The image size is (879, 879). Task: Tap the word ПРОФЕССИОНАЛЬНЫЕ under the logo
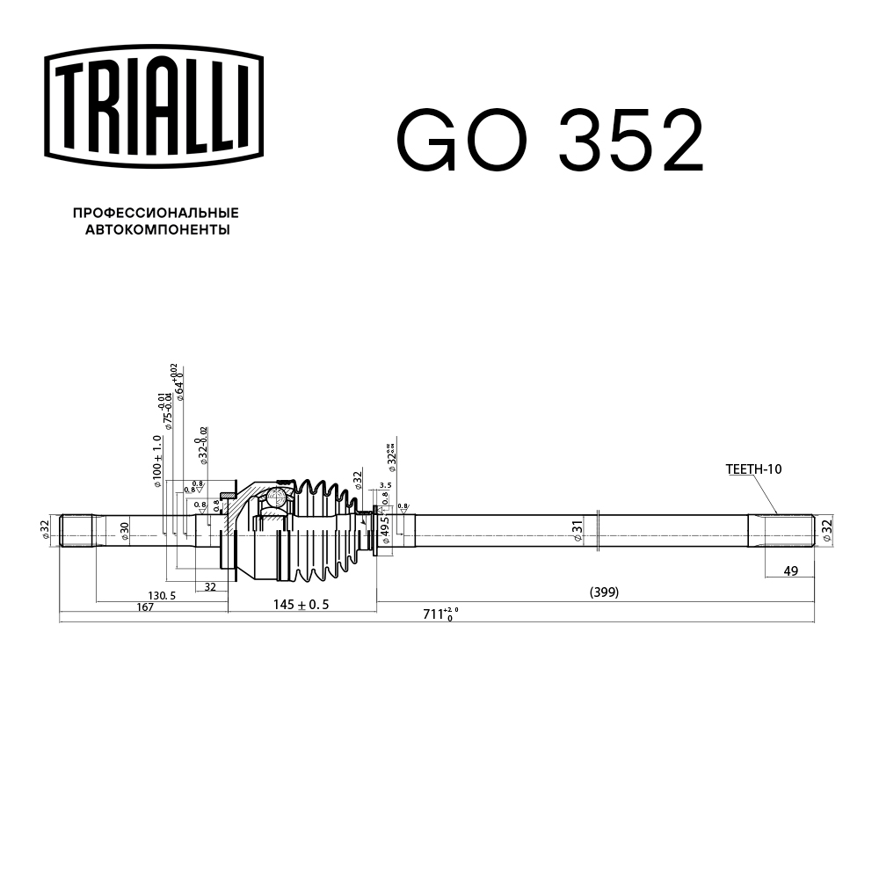pos(156,214)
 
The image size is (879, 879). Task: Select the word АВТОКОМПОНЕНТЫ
pos(157,230)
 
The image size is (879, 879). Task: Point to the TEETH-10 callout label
pos(753,469)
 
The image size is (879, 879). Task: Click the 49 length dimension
pos(790,571)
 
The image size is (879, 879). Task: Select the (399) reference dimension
pos(604,592)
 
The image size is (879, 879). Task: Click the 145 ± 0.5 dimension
pos(301,604)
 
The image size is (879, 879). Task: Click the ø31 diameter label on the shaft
pos(578,531)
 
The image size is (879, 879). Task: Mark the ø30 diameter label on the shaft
pos(125,530)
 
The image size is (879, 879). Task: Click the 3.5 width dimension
pos(385,485)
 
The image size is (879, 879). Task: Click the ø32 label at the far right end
pos(825,529)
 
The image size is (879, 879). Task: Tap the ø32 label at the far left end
pos(45,529)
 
